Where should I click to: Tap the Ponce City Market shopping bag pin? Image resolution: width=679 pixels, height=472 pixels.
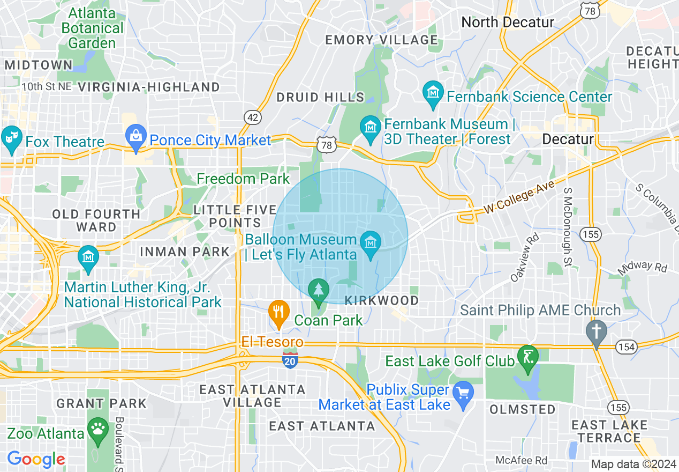[136, 137]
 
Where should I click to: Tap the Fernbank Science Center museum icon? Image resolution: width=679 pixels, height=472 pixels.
[433, 94]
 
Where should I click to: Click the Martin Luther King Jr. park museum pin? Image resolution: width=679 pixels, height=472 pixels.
[88, 258]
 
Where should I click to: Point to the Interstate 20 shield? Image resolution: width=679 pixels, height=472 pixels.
[290, 362]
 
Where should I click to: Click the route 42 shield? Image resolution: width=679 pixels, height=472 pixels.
[252, 116]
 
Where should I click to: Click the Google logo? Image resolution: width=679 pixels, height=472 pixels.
[36, 459]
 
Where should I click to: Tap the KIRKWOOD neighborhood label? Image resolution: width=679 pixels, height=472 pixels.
[381, 300]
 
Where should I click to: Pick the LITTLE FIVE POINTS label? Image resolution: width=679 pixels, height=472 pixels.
[227, 216]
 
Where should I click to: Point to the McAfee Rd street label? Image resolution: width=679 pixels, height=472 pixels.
[521, 460]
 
